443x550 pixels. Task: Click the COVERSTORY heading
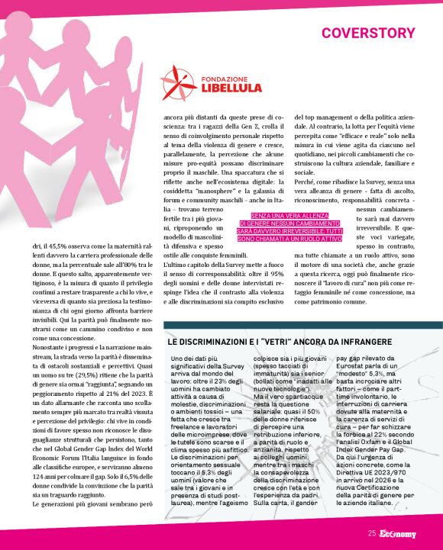click(x=368, y=33)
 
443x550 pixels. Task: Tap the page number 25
click(x=371, y=533)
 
